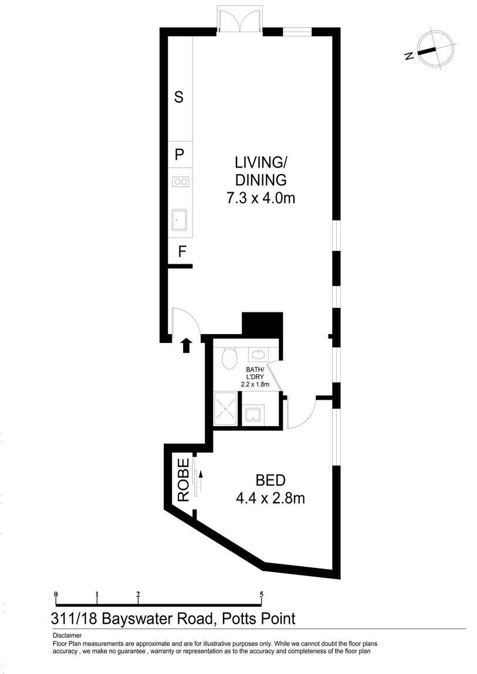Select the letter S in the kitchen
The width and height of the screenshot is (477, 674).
[x=179, y=97]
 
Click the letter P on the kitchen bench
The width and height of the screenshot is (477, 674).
[x=180, y=155]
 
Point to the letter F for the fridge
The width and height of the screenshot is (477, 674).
[x=182, y=252]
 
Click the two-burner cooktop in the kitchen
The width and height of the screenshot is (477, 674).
[x=180, y=182]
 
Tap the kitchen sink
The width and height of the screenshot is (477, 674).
[x=180, y=220]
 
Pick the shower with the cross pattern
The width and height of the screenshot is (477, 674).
[x=225, y=409]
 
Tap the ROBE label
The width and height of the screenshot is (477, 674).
[x=183, y=479]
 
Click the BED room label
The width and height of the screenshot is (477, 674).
[x=270, y=481]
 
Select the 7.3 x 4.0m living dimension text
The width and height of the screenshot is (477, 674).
[x=261, y=198]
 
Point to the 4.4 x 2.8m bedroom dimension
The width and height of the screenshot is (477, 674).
[x=270, y=499]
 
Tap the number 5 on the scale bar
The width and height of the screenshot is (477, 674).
[x=261, y=594]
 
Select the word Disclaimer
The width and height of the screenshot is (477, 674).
[x=67, y=635]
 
